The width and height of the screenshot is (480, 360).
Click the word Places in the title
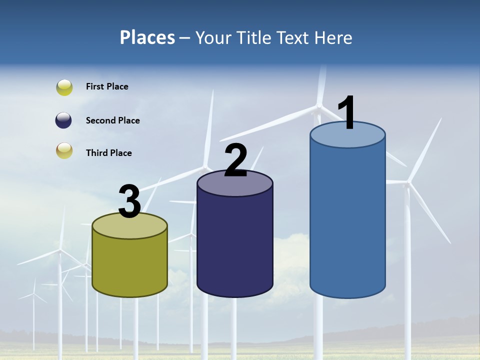pos(147,37)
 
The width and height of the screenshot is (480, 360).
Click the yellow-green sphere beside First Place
pos(64,87)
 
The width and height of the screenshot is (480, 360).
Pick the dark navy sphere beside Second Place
pos(64,120)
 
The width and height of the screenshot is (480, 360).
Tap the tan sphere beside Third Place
pos(64,150)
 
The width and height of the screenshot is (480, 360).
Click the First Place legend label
pos(107,86)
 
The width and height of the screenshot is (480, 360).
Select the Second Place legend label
pos(112,120)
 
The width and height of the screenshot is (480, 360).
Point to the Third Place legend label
pos(108,153)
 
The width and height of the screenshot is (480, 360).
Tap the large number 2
pos(235,160)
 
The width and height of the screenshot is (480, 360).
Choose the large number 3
pos(129,201)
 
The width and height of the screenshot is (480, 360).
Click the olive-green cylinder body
pos(129,265)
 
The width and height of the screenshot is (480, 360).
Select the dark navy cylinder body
pos(235,245)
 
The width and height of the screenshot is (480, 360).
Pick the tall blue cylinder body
pos(347,220)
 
